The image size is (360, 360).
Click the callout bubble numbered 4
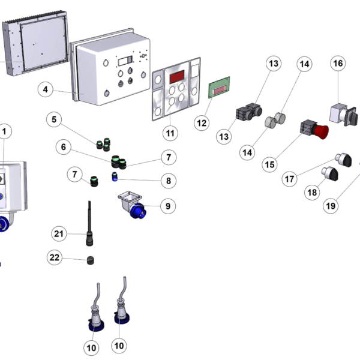(44, 90)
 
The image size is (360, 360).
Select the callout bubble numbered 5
(54, 120)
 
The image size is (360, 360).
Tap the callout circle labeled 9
(167, 206)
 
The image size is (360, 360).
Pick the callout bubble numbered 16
(338, 64)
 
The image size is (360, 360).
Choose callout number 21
(58, 233)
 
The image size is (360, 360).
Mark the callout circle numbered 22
(55, 257)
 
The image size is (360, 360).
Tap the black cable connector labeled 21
(90, 230)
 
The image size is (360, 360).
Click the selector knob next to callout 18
(329, 174)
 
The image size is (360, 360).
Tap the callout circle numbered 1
(5, 131)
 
